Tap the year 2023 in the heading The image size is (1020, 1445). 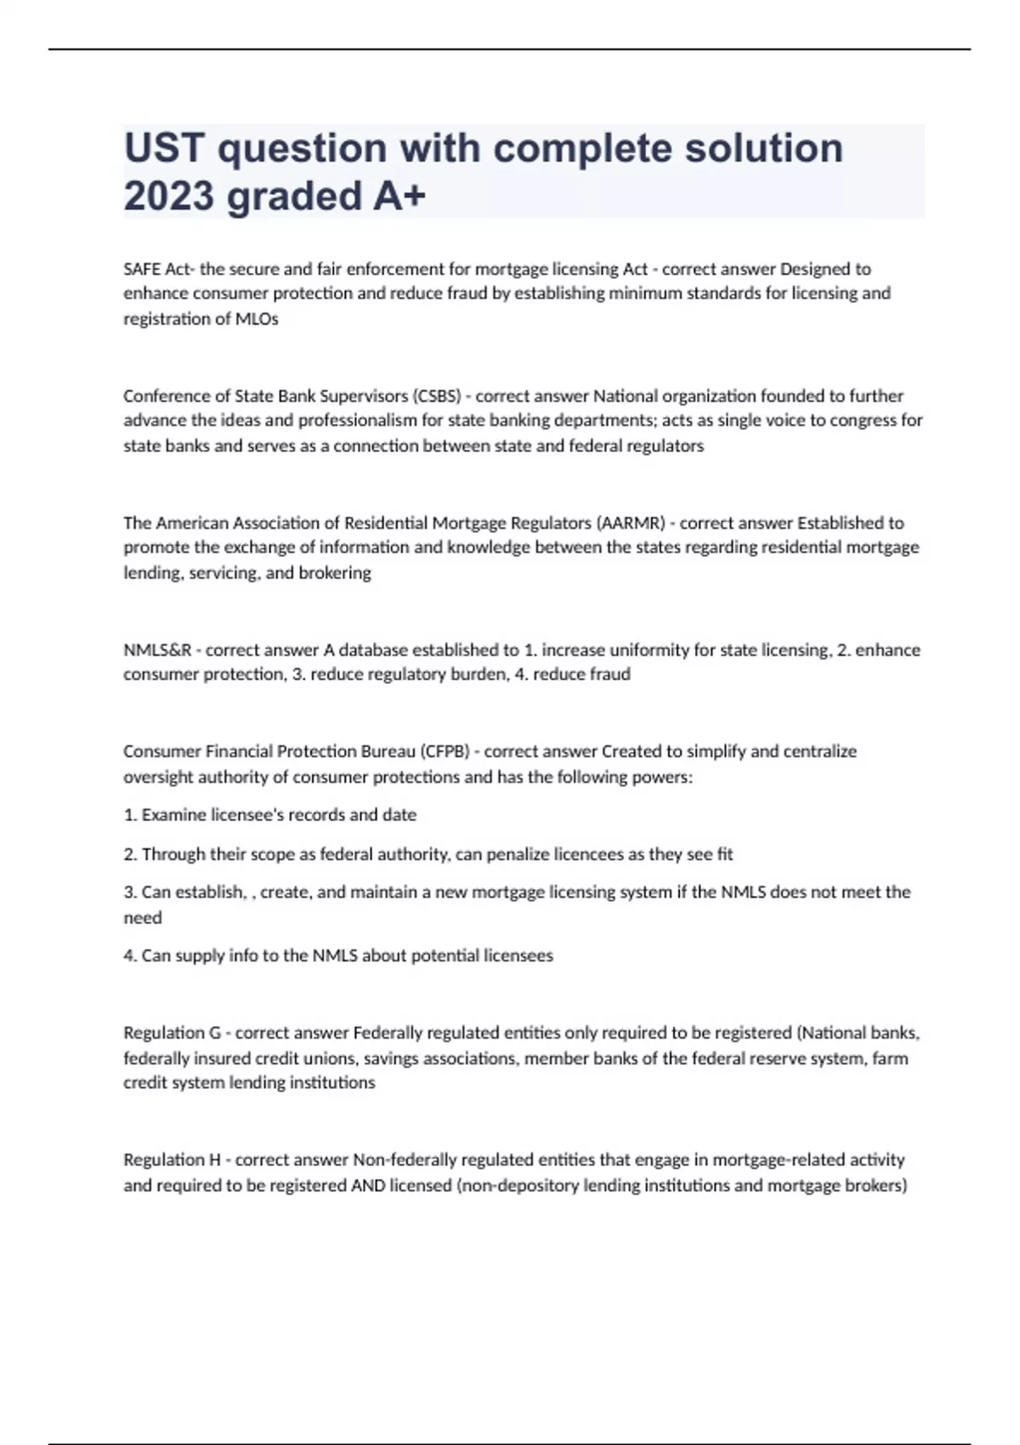(168, 196)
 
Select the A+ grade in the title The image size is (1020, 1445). (399, 196)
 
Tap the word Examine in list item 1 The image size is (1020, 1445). (170, 815)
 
